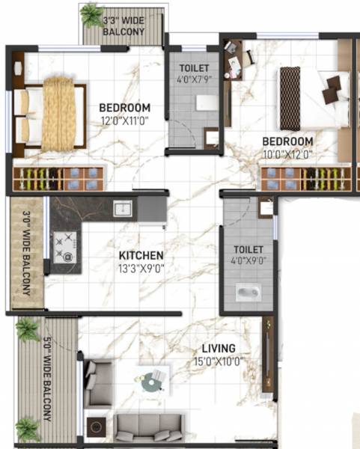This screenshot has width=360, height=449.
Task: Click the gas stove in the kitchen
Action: click(64, 245)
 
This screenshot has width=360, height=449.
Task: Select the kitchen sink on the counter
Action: click(122, 207)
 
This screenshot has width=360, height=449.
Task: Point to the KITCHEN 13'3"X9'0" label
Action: click(141, 261)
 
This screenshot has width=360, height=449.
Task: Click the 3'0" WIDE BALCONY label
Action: click(26, 253)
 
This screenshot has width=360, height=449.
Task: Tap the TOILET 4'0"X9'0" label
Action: click(248, 255)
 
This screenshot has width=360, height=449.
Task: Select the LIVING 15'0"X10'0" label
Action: click(218, 355)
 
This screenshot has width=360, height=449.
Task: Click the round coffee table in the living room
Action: click(153, 382)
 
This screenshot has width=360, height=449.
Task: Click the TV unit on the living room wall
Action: click(268, 355)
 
